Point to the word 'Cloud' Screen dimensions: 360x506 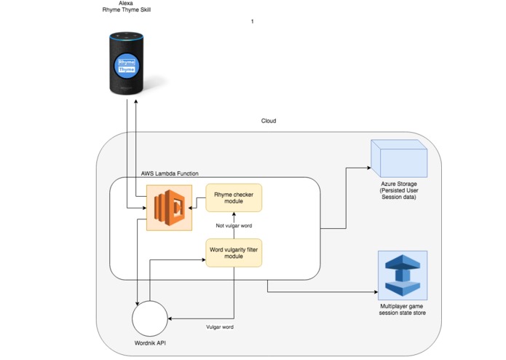269,121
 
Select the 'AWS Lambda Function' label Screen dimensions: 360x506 170,173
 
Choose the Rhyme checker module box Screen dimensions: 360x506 234,197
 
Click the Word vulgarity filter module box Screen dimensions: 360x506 234,252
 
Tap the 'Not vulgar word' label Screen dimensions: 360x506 234,225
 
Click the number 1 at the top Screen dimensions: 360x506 253,22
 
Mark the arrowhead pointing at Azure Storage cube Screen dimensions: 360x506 368,168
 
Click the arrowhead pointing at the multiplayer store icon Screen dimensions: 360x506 373,293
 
